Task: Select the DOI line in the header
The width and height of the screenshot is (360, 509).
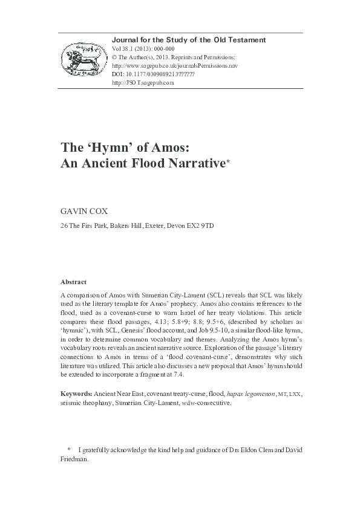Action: [x=153, y=74]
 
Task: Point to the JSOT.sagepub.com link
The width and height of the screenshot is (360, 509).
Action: [x=143, y=83]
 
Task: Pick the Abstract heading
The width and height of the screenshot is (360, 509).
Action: [x=74, y=282]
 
